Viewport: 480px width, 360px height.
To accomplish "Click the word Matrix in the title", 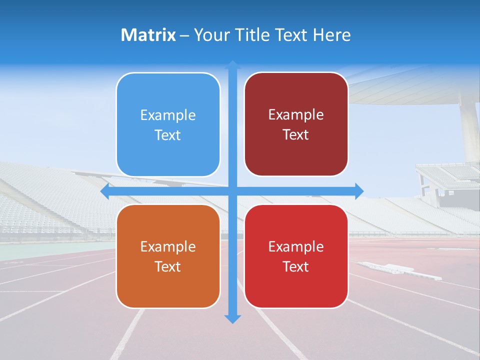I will point(148,35).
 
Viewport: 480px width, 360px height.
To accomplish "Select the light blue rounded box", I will point(168,125).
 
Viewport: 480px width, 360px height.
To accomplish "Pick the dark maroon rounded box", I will point(296,124).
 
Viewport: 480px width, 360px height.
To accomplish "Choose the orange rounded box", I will point(168,256).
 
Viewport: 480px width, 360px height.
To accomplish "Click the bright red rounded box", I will point(296,256).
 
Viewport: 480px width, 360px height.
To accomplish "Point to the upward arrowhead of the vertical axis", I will point(232,65).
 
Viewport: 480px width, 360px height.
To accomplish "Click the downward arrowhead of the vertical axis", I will point(232,318).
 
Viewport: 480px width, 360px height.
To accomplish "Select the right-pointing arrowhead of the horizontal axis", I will point(358,191).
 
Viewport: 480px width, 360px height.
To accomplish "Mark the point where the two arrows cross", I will point(232,191).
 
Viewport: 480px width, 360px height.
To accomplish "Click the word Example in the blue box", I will point(168,115).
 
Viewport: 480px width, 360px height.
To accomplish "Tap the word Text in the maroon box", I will point(296,134).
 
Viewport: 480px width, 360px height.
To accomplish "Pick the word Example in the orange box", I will point(168,246).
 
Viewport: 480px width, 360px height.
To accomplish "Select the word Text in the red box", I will point(296,266).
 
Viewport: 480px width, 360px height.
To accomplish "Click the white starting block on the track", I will point(400,270).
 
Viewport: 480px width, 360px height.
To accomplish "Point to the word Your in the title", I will point(210,35).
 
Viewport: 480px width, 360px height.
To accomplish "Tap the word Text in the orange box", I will point(168,266).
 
